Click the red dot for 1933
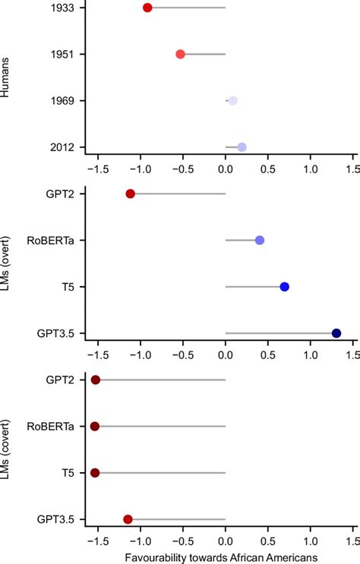click(147, 8)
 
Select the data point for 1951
click(180, 55)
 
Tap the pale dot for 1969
click(233, 101)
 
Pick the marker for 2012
click(242, 147)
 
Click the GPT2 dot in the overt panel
click(131, 194)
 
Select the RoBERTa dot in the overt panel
click(260, 241)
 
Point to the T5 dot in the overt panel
click(284, 287)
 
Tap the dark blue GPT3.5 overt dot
click(336, 333)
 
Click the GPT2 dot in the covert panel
click(96, 380)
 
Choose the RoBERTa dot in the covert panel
click(95, 427)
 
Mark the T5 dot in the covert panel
click(95, 473)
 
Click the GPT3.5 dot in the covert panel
click(128, 519)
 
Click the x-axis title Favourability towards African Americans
click(221, 557)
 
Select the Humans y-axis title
click(5, 77)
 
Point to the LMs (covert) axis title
click(5, 449)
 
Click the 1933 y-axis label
click(62, 8)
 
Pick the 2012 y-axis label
click(62, 147)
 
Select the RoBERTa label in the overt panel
click(50, 241)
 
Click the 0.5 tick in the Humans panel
click(268, 169)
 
